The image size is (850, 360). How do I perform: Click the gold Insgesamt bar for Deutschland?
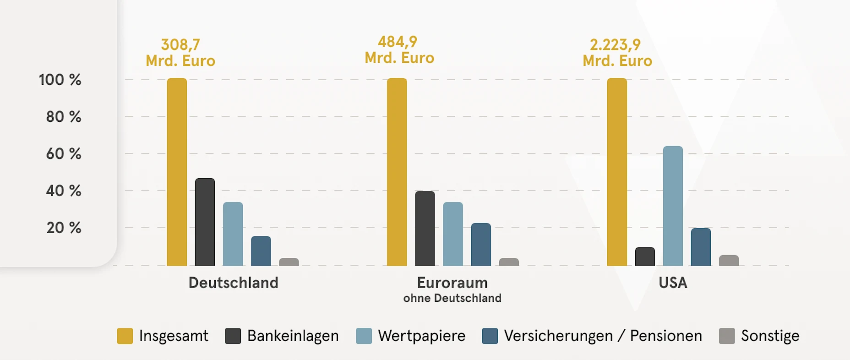tap(177, 172)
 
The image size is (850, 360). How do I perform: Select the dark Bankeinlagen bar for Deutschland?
tap(205, 222)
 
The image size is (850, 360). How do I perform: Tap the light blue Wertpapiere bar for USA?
tap(673, 206)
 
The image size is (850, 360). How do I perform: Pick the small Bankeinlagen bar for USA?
tap(645, 257)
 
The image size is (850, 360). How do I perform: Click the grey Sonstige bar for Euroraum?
tap(509, 262)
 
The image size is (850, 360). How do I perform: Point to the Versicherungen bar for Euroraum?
tap(481, 245)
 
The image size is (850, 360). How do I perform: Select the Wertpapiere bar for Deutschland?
tap(233, 234)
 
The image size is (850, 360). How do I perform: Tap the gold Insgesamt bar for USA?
tap(617, 172)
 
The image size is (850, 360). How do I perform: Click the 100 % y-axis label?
tap(60, 80)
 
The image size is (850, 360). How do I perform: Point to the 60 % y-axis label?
tap(64, 153)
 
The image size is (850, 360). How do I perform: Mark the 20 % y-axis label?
tap(64, 228)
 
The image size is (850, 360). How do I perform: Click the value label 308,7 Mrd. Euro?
tap(180, 53)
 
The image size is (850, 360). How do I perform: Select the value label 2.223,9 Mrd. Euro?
tap(617, 53)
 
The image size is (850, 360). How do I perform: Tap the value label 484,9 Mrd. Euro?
tap(399, 50)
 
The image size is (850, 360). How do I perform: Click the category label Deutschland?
tap(233, 283)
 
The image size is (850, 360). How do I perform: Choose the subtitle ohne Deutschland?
tap(452, 298)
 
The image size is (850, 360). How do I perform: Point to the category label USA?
tap(673, 283)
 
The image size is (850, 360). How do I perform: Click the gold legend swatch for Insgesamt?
tap(125, 336)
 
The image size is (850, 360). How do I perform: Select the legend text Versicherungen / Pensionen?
tap(603, 336)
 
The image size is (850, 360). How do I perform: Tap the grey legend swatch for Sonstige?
tap(727, 336)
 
